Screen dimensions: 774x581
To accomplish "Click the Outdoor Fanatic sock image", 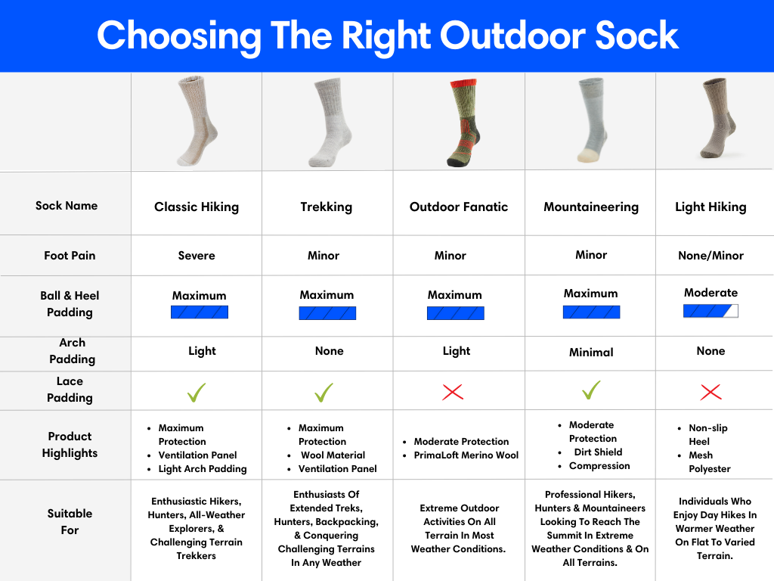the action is tap(463, 122).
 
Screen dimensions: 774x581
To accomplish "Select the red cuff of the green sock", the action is tap(463, 83).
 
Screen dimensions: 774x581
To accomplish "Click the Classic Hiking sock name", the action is tap(197, 207).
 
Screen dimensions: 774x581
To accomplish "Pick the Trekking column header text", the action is tap(327, 207).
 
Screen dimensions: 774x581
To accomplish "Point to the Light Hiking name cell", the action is tap(711, 207).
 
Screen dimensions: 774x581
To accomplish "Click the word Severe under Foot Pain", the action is tap(197, 256).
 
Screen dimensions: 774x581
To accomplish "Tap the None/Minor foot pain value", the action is tap(711, 256).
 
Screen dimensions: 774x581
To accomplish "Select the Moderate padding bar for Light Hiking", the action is tap(711, 311).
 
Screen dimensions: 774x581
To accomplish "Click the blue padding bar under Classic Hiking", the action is tap(200, 312).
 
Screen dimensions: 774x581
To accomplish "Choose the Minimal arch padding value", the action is tap(591, 353).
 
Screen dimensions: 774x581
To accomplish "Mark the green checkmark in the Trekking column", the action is tap(324, 393).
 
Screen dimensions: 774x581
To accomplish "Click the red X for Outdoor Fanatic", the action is tap(453, 393).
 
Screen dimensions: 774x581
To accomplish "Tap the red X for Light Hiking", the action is tap(711, 393).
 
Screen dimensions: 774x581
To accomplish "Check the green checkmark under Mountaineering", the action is tap(591, 390).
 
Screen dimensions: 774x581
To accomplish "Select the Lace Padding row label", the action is tap(70, 390).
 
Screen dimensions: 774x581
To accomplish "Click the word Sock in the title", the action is tap(636, 36).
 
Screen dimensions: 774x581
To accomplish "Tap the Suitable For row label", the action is tap(70, 522).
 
